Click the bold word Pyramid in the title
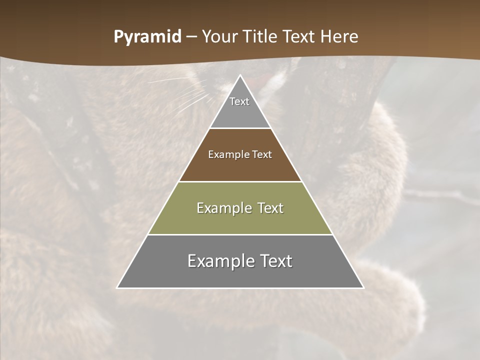147,37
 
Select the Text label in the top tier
239,101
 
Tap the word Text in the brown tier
262,155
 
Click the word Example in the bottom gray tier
220,261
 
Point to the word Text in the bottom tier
275,261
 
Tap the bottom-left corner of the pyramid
117,287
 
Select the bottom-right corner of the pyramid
363,287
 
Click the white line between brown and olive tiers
240,181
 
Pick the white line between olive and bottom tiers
240,234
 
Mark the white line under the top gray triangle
240,128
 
